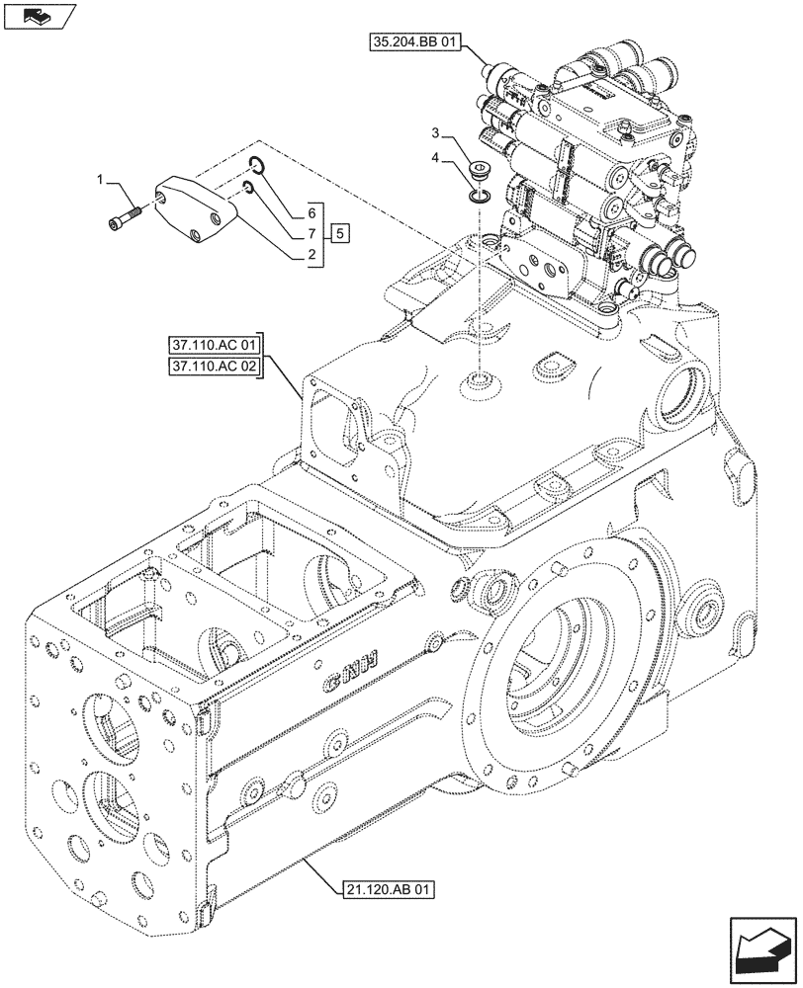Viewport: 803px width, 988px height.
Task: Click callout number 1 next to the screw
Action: pyautogui.click(x=99, y=178)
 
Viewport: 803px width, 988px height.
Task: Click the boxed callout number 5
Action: pyautogui.click(x=339, y=233)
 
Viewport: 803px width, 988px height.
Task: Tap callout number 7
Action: pyautogui.click(x=312, y=234)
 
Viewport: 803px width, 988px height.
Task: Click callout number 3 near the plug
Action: pyautogui.click(x=434, y=132)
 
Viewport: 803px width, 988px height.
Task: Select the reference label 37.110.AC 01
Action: pyautogui.click(x=213, y=346)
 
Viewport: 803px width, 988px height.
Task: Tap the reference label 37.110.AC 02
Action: pyautogui.click(x=213, y=368)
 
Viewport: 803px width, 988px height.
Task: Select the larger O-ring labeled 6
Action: pyautogui.click(x=255, y=165)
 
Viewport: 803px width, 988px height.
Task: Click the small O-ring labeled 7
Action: pyautogui.click(x=250, y=188)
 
